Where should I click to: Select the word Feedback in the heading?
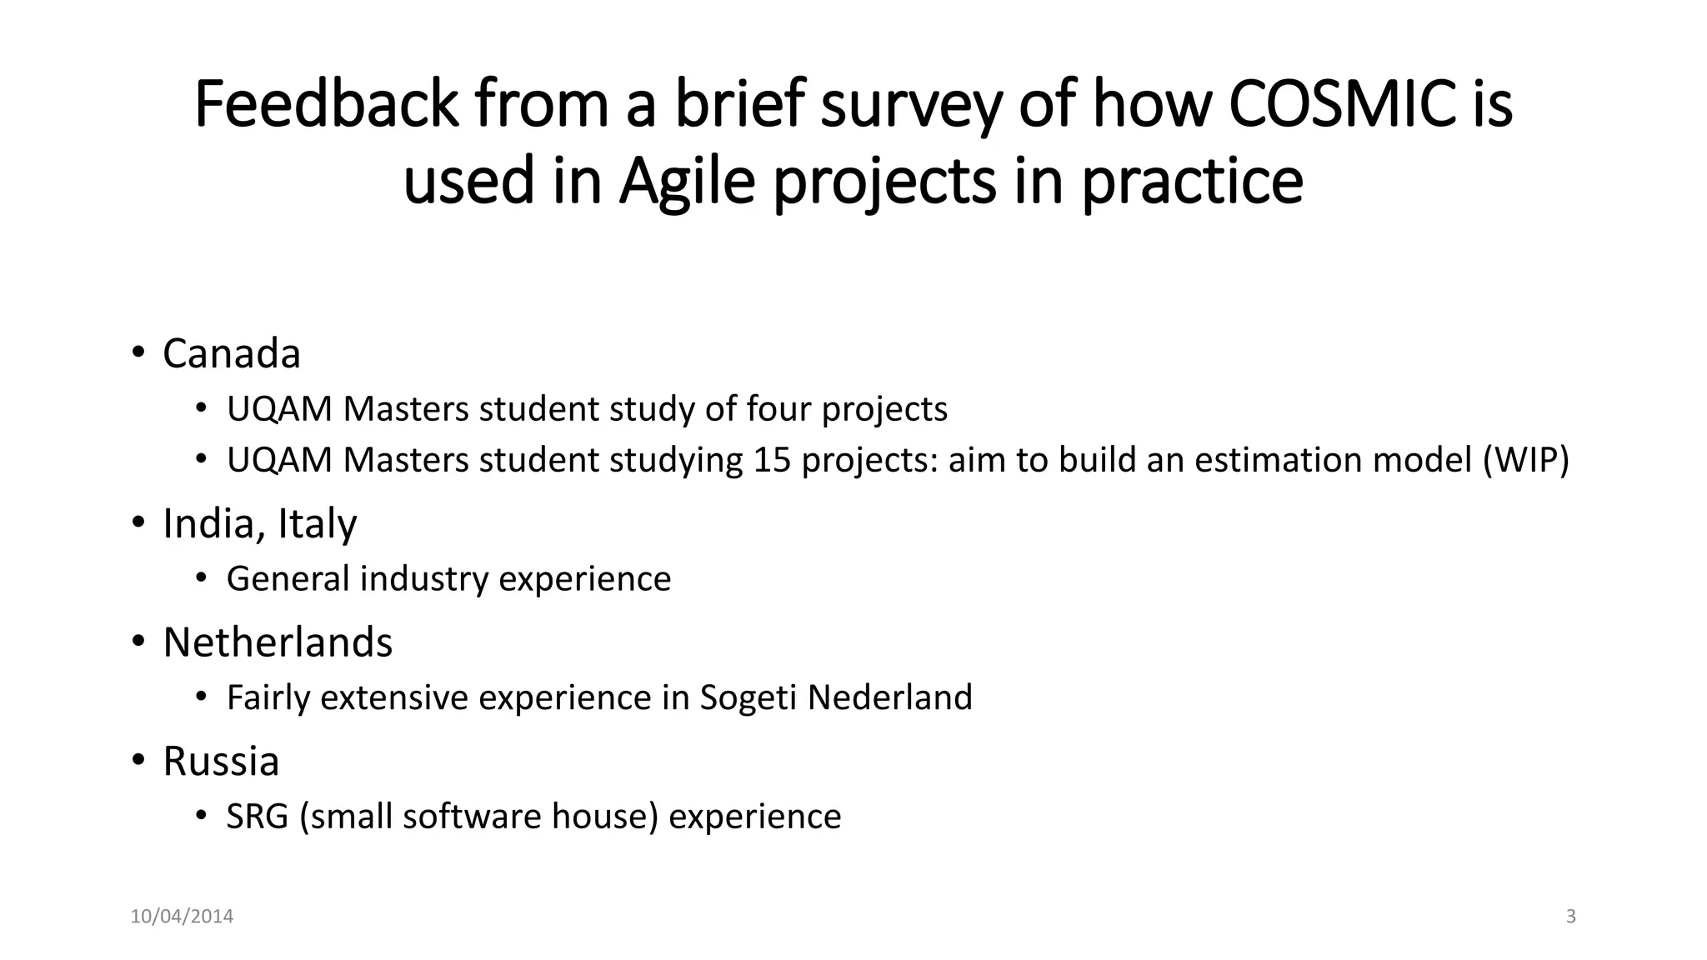click(x=326, y=105)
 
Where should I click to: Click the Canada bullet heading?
click(x=231, y=353)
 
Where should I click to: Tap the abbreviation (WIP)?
click(x=1525, y=460)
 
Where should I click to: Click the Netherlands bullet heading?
click(x=278, y=642)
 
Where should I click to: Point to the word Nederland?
click(x=889, y=697)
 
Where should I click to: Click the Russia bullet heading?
click(x=221, y=761)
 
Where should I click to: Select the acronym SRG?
click(x=257, y=817)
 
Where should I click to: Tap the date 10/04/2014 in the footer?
click(x=182, y=917)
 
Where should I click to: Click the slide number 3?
click(x=1570, y=917)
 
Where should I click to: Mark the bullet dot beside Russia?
click(x=138, y=760)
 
